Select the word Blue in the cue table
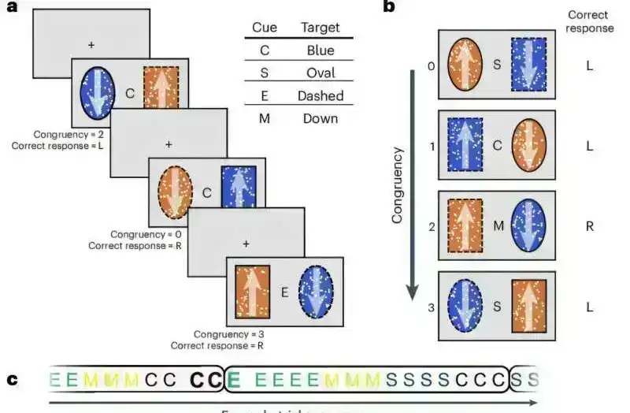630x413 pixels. (x=320, y=50)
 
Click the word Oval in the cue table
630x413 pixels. (x=320, y=73)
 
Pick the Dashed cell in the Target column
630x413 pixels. (x=320, y=95)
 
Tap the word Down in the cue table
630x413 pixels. (x=320, y=118)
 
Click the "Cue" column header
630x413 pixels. (x=264, y=28)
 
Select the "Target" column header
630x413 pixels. (x=320, y=28)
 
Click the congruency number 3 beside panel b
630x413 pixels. (x=431, y=305)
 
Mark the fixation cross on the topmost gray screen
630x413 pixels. (x=91, y=45)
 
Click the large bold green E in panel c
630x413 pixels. (x=233, y=380)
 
